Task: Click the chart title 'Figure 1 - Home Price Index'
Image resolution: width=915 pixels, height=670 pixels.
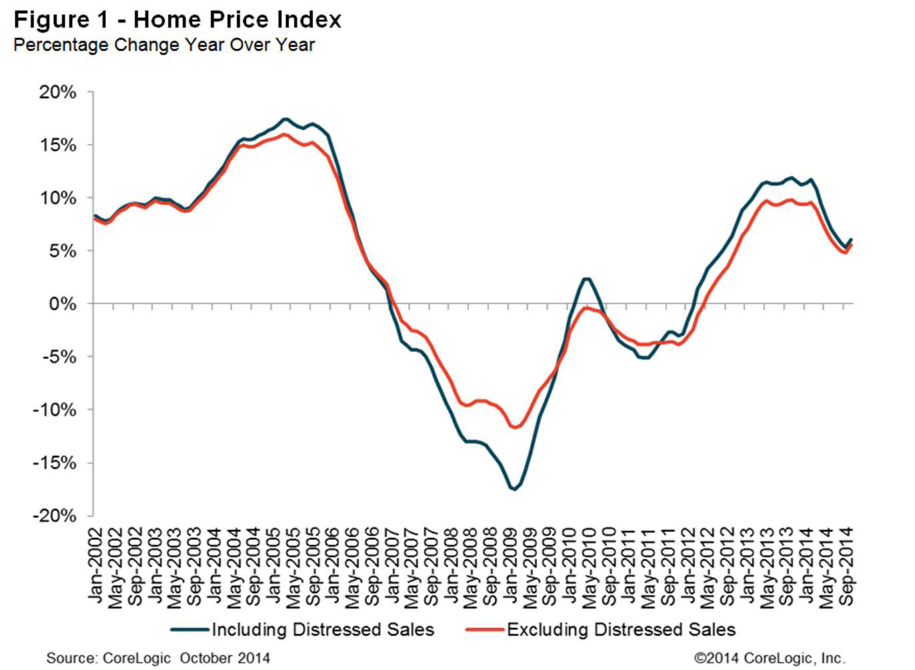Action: (x=177, y=19)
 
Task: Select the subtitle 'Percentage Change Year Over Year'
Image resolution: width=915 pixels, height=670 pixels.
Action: (x=164, y=45)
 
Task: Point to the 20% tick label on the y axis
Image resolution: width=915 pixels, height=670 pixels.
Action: (x=58, y=93)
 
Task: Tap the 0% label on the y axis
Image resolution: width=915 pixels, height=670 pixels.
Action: (x=63, y=304)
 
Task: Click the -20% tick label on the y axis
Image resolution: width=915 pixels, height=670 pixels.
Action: (x=55, y=516)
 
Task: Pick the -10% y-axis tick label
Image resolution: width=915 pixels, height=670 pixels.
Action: (x=55, y=410)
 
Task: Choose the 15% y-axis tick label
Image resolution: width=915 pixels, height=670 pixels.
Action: (x=58, y=145)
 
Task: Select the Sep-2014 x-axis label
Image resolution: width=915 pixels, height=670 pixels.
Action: (x=847, y=566)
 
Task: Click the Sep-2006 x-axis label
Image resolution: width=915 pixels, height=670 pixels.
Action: (x=371, y=566)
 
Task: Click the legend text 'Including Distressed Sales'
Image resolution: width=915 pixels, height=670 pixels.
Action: (x=323, y=630)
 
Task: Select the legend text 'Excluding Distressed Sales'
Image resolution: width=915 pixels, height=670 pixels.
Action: (x=621, y=630)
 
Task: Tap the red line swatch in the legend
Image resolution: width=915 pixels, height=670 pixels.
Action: (x=484, y=630)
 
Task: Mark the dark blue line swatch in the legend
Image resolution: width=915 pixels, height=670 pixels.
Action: (x=189, y=630)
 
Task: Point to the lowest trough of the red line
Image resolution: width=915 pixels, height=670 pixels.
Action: (x=514, y=428)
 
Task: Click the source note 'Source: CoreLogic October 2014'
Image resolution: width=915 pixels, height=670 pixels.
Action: (x=159, y=658)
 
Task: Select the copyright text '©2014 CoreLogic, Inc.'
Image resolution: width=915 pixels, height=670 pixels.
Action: (x=769, y=658)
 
